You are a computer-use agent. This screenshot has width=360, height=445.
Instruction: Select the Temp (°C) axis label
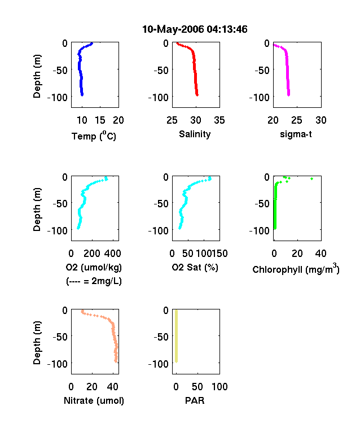94,136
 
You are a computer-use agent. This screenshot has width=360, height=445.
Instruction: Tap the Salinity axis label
195,134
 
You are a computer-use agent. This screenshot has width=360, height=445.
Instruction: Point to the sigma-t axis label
296,134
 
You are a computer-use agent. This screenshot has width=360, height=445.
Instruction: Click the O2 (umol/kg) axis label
94,268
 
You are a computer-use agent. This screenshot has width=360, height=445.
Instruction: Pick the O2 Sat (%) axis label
195,268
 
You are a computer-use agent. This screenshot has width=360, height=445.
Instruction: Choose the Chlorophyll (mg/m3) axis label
296,269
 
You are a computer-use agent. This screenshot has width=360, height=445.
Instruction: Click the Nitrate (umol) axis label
94,401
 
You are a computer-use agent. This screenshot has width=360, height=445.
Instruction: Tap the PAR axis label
195,400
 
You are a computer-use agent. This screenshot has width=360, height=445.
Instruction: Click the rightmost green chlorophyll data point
311,179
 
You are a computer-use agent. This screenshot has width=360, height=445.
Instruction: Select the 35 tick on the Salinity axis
219,120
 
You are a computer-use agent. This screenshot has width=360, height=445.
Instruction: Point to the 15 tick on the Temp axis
100,120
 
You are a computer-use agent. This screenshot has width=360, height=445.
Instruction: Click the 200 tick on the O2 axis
92,254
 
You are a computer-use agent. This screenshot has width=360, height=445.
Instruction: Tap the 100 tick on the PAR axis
219,386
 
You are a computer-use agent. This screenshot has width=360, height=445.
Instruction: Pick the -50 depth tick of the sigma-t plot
262,70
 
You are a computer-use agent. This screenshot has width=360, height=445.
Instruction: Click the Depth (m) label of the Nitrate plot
37,343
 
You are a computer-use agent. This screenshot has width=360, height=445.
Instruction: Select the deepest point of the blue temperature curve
82,95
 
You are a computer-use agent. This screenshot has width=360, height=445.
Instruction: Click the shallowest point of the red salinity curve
177,43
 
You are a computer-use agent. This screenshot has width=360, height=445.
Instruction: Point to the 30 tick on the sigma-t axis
321,120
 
